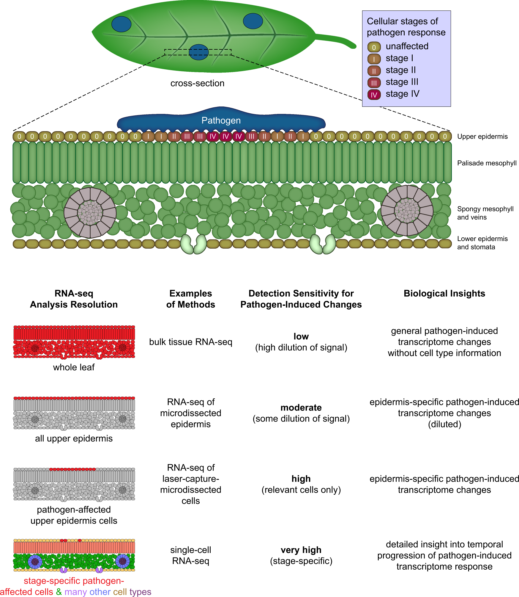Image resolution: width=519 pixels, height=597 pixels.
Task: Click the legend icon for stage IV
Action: [374, 95]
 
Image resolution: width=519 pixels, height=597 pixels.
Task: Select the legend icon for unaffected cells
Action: [374, 47]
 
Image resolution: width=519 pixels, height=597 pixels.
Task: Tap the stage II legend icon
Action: [374, 71]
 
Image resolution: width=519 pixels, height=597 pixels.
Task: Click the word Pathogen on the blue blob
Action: [221, 120]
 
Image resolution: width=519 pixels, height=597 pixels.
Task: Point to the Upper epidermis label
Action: [482, 137]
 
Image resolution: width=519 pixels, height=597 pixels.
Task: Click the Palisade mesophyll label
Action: [487, 163]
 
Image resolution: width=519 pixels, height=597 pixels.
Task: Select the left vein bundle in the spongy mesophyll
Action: [90, 212]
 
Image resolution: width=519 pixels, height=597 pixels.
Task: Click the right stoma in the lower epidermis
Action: [322, 244]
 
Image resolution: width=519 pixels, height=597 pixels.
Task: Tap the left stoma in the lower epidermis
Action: [193, 244]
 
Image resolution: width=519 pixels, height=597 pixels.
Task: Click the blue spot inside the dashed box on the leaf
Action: [198, 52]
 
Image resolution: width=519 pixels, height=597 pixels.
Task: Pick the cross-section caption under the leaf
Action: [197, 83]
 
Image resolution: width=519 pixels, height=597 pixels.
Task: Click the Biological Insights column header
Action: [444, 294]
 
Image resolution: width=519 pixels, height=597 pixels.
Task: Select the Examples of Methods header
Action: [190, 299]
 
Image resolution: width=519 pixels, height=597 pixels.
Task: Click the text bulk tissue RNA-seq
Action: [190, 342]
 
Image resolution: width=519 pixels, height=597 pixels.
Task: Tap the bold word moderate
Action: [301, 408]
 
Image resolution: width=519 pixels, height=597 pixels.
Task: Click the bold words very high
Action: [301, 550]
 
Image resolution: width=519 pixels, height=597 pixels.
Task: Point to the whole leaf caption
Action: [74, 367]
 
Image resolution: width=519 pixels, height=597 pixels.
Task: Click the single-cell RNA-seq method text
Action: [190, 555]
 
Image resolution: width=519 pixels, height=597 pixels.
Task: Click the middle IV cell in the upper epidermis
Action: [225, 137]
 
